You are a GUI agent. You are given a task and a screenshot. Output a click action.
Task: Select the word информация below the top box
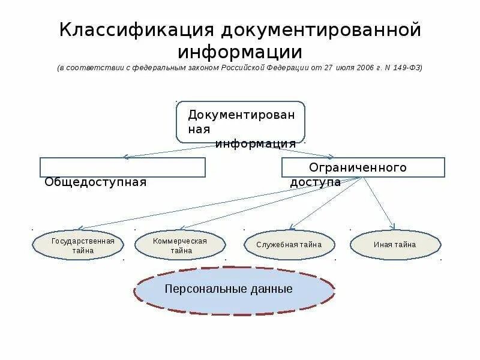[256, 144]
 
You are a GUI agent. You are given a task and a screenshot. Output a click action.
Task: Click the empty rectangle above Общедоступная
[122, 167]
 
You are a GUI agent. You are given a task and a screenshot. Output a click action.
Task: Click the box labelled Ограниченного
[363, 167]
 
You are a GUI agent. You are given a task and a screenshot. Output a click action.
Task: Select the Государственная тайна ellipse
[78, 245]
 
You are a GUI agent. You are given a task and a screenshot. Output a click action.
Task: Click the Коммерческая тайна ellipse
[180, 245]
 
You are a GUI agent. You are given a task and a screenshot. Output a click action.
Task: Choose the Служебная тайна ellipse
[289, 245]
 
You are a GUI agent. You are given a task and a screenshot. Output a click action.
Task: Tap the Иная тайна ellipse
[394, 245]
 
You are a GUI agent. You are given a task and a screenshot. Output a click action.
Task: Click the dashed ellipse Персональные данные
[234, 290]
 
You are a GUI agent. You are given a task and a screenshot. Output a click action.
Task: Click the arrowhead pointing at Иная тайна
[393, 227]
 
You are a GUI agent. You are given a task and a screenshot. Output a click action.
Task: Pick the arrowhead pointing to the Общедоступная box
[125, 157]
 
